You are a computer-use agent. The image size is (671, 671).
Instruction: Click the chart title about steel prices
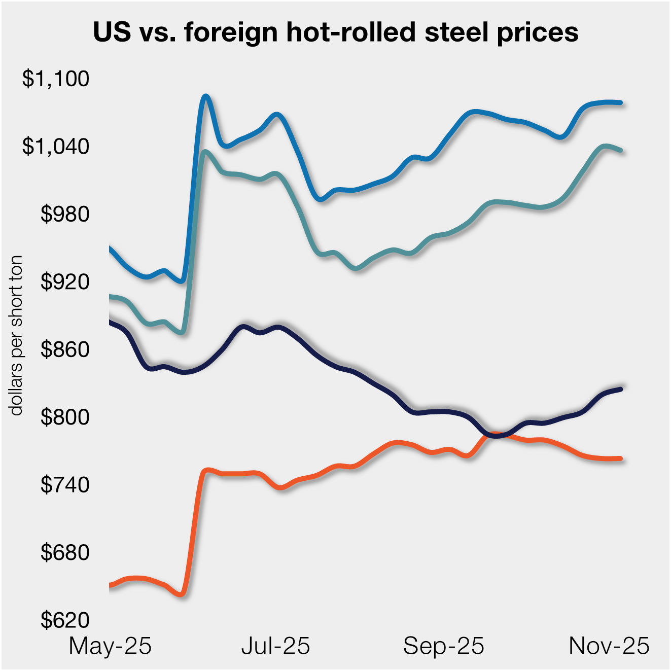coord(335,32)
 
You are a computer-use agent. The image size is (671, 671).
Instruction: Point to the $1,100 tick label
coord(56,79)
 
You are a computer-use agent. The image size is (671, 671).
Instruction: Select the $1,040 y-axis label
coord(56,146)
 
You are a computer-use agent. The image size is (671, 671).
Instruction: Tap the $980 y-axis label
coord(65,214)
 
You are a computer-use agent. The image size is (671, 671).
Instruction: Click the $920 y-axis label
coord(65,281)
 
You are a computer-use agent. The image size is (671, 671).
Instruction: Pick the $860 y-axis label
coord(65,349)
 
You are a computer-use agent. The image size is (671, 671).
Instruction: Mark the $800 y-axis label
coord(65,417)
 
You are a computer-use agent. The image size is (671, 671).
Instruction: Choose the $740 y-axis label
coord(65,485)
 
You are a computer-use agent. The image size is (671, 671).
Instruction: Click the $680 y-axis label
coord(65,552)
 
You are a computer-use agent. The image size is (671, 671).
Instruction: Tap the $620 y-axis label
coord(65,620)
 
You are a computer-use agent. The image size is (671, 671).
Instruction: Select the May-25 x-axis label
coord(110,646)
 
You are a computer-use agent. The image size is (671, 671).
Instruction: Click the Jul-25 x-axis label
coord(275,646)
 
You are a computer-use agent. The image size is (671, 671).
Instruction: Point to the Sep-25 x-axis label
coord(444,646)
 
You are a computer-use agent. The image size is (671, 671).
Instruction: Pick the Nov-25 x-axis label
coord(609,646)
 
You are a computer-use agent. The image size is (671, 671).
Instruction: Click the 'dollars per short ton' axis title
coord(16,335)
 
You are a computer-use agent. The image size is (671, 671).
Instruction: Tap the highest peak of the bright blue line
coord(205,96)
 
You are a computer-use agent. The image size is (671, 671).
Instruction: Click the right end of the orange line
coord(620,458)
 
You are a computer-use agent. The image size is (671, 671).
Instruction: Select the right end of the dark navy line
coord(620,389)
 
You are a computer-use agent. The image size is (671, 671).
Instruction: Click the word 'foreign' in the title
coord(231,32)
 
